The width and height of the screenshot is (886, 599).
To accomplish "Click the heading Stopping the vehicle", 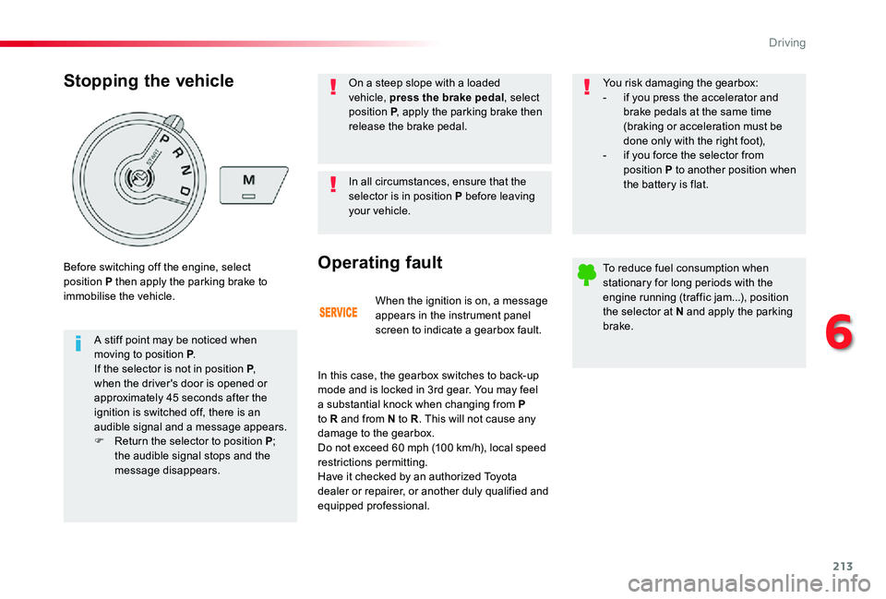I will click(149, 80).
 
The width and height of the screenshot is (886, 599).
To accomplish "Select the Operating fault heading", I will click(379, 262).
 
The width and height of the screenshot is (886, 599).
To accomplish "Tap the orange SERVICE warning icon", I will click(339, 313).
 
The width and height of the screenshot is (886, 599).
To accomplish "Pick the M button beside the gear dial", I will click(249, 179).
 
